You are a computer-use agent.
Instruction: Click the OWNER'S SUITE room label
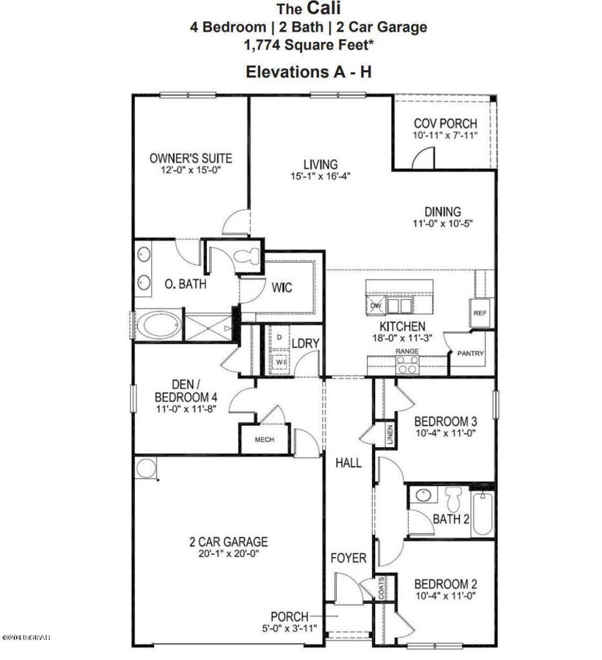pyautogui.click(x=190, y=158)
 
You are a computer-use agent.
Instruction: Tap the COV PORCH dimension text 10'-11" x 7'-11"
pyautogui.click(x=445, y=136)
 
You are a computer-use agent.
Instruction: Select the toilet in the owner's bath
pyautogui.click(x=244, y=256)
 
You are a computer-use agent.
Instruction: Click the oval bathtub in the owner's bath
pyautogui.click(x=158, y=325)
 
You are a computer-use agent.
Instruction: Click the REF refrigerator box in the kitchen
pyautogui.click(x=480, y=312)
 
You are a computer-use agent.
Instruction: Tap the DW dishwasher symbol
pyautogui.click(x=376, y=306)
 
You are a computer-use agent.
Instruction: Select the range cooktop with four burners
pyautogui.click(x=407, y=365)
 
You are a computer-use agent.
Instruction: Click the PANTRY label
pyautogui.click(x=470, y=354)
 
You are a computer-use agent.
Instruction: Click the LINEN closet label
pyautogui.click(x=389, y=435)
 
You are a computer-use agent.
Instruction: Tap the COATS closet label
pyautogui.click(x=382, y=588)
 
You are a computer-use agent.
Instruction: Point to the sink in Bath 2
pyautogui.click(x=423, y=496)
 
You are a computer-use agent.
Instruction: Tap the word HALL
pyautogui.click(x=348, y=463)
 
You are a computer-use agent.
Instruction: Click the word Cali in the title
pyautogui.click(x=326, y=9)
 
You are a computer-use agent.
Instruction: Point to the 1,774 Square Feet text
pyautogui.click(x=307, y=45)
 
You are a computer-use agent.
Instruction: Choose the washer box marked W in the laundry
pyautogui.click(x=280, y=363)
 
